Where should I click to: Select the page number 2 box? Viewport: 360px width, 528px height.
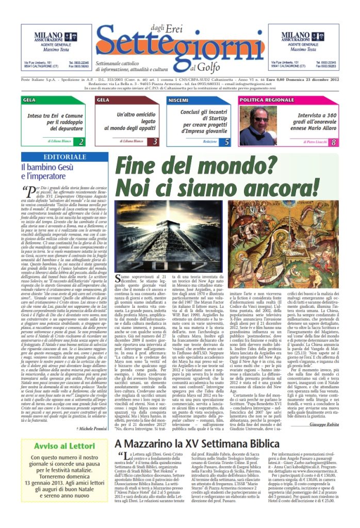pyautogui.click(x=79, y=141)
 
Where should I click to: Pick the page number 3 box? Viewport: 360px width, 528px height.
pyautogui.click(x=154, y=141)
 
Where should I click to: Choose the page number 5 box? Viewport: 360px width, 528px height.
pyautogui.click(x=227, y=141)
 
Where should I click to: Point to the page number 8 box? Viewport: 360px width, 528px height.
pyautogui.click(x=334, y=142)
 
